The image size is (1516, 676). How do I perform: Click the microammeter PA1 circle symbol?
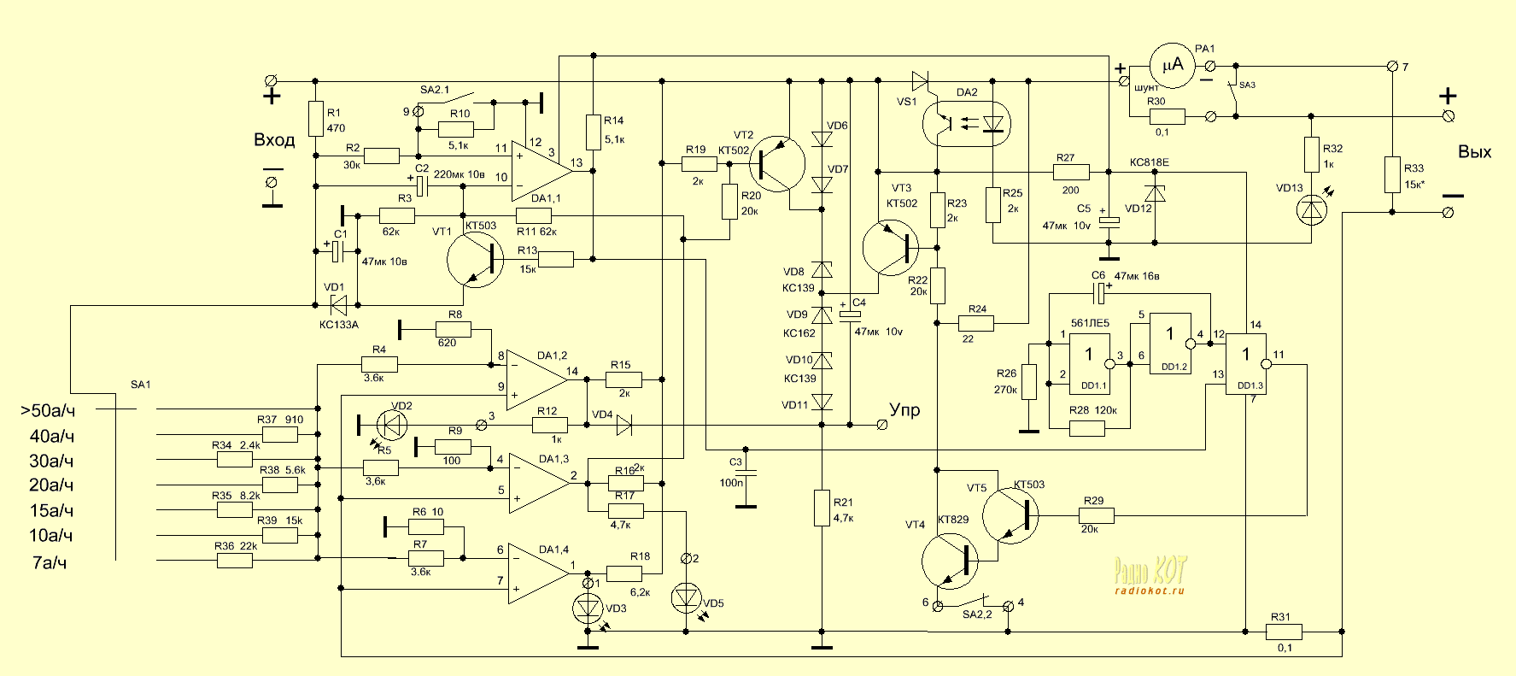(x=1173, y=64)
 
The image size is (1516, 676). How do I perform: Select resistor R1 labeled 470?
(x=315, y=120)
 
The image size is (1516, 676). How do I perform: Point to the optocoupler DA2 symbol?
(x=966, y=124)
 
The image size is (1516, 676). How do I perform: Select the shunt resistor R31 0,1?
(x=1284, y=632)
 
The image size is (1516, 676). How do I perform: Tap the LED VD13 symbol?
(x=1311, y=210)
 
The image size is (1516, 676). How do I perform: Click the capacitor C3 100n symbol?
(x=746, y=472)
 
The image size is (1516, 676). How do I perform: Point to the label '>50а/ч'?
(x=47, y=411)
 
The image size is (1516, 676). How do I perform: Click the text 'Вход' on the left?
(x=274, y=140)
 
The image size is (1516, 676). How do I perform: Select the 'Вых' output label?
(x=1474, y=152)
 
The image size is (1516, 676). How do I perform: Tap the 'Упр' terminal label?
(x=904, y=410)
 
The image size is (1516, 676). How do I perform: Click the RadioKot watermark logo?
(x=1150, y=573)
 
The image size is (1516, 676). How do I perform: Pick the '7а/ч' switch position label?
(x=49, y=562)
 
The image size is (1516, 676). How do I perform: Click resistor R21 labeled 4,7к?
(x=822, y=508)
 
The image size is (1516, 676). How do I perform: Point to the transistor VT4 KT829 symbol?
(x=951, y=561)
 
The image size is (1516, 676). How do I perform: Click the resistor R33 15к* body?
(x=1392, y=174)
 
